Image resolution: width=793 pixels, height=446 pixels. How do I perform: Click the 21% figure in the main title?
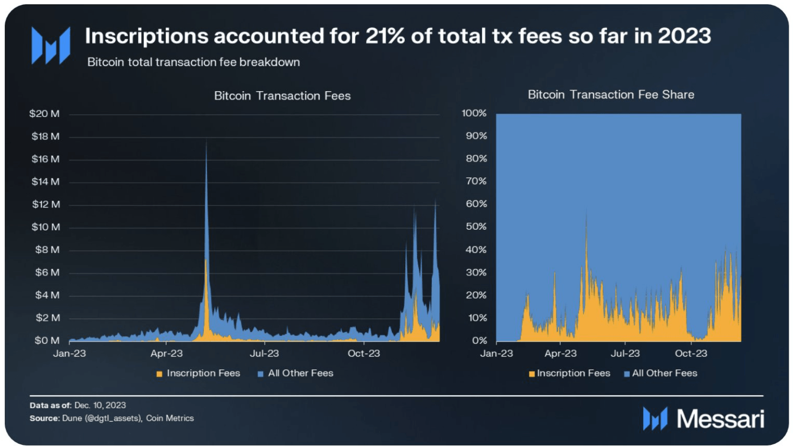point(385,36)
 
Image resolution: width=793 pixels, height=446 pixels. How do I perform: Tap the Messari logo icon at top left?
point(51,46)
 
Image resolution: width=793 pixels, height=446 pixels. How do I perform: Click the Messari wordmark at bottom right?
point(720,419)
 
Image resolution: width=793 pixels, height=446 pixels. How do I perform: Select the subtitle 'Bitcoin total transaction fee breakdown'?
point(194,62)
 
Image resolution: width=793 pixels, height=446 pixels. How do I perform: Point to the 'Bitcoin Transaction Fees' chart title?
point(282,96)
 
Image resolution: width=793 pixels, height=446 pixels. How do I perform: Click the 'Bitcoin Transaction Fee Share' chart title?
point(610,95)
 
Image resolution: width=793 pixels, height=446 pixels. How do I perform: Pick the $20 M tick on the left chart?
point(45,114)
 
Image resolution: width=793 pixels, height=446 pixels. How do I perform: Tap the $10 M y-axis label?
point(46,227)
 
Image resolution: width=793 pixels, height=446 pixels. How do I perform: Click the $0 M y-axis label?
point(47,340)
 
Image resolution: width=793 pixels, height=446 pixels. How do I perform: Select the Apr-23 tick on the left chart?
point(166,354)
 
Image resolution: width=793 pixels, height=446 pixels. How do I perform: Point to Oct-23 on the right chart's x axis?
point(691,354)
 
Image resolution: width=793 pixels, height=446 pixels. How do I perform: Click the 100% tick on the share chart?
point(474,113)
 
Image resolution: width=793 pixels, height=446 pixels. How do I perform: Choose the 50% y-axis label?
point(476,227)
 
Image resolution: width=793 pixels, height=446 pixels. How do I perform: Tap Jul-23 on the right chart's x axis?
point(625,354)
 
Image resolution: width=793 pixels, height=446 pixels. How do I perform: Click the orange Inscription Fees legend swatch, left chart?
point(159,374)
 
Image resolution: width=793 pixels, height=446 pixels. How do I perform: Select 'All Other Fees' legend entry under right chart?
point(664,373)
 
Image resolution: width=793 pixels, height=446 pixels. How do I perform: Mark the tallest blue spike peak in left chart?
point(206,141)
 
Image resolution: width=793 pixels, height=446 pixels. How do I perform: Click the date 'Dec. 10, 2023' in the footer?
point(100,405)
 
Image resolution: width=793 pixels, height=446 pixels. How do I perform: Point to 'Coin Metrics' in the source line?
point(170,418)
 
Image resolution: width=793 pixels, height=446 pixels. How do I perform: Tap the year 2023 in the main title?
point(684,36)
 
